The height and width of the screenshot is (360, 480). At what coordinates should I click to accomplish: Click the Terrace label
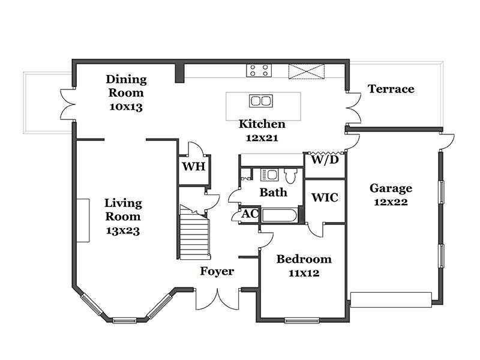(391, 89)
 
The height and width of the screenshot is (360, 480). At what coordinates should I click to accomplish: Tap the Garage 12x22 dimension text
(391, 202)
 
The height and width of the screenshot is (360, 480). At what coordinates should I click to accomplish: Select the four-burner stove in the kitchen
(259, 70)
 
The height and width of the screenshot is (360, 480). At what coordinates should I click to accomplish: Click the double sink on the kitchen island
(261, 101)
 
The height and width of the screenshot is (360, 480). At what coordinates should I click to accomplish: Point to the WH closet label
(193, 167)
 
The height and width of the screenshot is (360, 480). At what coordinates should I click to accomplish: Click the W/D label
(325, 160)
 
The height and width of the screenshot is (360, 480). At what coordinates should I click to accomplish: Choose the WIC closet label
(325, 197)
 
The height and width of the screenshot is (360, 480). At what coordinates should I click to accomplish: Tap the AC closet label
(250, 214)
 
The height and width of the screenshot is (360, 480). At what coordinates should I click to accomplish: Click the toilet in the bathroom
(290, 175)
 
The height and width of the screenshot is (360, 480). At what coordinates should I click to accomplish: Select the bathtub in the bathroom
(280, 216)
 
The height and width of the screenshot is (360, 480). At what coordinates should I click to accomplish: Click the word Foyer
(217, 271)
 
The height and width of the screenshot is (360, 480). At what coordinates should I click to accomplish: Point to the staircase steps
(194, 233)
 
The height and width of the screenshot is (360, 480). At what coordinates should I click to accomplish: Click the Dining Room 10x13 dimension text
(126, 107)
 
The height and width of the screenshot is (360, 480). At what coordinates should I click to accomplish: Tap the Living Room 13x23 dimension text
(123, 231)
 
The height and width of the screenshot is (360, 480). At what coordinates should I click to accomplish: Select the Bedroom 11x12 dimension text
(304, 273)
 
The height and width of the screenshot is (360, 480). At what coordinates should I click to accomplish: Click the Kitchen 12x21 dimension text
(262, 138)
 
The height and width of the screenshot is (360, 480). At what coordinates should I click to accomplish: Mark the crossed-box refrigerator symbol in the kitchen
(307, 71)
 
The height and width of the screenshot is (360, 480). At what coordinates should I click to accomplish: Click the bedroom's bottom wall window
(302, 320)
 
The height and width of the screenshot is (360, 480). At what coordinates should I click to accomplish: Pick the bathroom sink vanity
(269, 175)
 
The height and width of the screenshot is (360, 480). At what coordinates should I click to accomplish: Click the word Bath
(274, 193)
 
